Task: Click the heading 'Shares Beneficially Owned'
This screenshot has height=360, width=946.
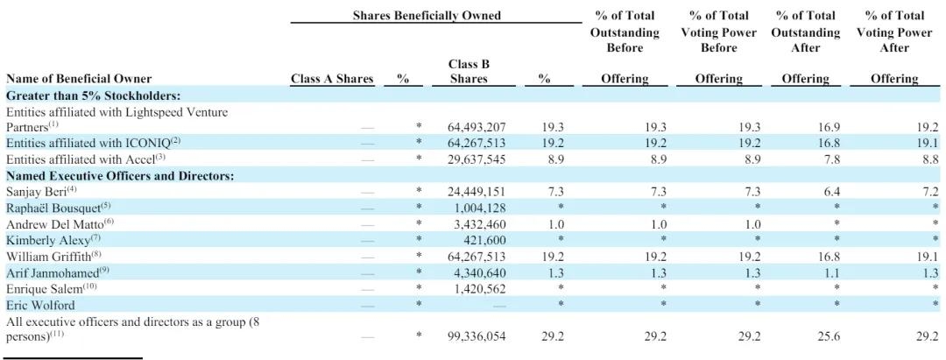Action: pos(427,16)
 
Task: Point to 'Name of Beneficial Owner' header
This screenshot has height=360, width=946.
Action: pos(79,79)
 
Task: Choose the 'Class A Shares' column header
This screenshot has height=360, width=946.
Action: pos(332,79)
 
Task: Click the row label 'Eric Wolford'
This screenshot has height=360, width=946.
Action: pos(40,306)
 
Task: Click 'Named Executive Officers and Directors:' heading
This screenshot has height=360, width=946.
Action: pos(120,175)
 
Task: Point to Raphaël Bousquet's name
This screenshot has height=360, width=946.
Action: pos(53,208)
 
